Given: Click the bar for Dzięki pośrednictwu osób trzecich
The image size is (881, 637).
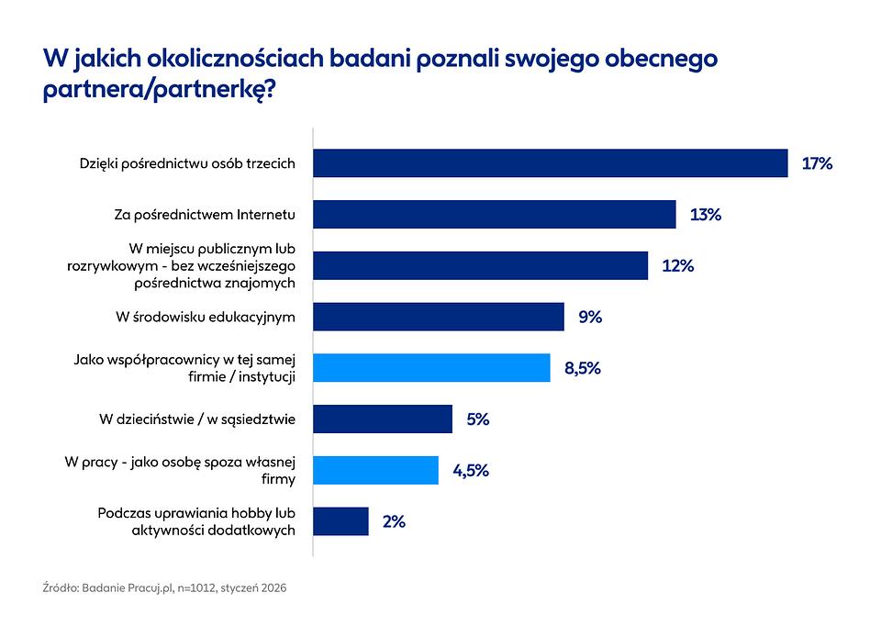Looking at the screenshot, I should pyautogui.click(x=551, y=163).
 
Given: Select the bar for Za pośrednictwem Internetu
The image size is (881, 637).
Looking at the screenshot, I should pyautogui.click(x=495, y=215).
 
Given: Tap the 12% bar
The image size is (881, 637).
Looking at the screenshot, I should pyautogui.click(x=480, y=266).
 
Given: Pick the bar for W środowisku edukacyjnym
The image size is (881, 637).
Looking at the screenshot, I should pyautogui.click(x=439, y=317).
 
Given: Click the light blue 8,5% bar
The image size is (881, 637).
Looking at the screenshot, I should pyautogui.click(x=431, y=368).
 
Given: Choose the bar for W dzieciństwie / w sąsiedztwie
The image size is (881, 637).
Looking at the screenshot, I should pyautogui.click(x=383, y=419).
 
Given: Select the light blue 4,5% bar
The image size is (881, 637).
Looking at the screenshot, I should pyautogui.click(x=375, y=470).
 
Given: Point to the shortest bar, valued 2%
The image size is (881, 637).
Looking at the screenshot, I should pyautogui.click(x=340, y=521).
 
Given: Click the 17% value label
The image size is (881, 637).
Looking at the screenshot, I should pyautogui.click(x=816, y=163).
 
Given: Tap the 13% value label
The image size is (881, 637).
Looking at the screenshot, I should pyautogui.click(x=705, y=215).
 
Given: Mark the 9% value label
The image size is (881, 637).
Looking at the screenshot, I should pyautogui.click(x=589, y=317).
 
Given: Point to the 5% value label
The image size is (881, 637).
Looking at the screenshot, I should pyautogui.click(x=477, y=419).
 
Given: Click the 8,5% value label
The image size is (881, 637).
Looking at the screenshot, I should pyautogui.click(x=582, y=368).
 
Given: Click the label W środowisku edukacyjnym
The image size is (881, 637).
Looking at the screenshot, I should pyautogui.click(x=206, y=317).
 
